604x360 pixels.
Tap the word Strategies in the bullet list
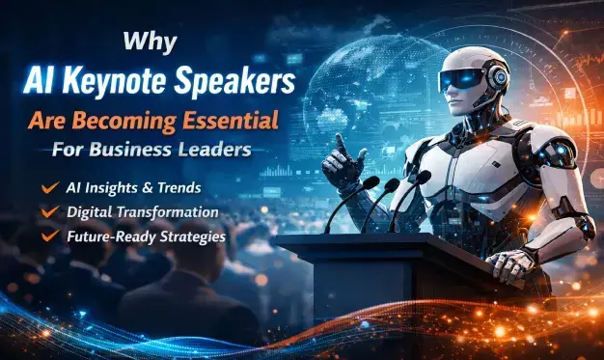[x=193, y=234]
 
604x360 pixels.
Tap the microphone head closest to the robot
[x=422, y=178]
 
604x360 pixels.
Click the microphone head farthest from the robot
[x=371, y=181]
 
